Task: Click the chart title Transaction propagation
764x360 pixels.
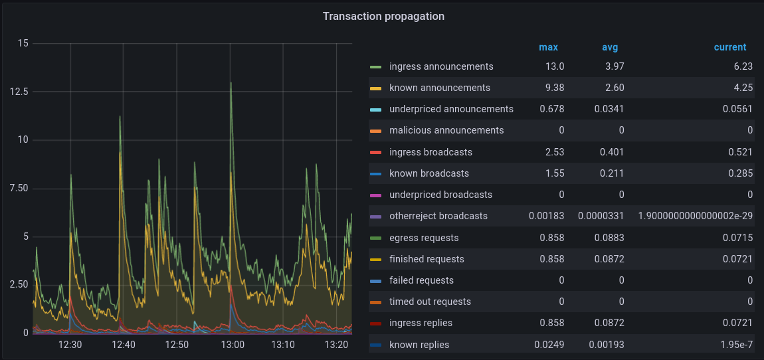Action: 383,16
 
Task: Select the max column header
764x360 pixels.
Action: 548,47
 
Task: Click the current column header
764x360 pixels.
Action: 729,47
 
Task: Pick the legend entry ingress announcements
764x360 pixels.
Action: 441,66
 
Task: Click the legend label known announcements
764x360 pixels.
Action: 439,88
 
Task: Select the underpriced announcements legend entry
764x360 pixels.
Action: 451,109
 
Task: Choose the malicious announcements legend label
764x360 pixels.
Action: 446,130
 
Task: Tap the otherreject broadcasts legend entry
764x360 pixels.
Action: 438,216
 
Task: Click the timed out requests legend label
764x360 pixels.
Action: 430,302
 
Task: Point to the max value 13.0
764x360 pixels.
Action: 555,66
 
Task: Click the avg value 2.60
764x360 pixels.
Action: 615,88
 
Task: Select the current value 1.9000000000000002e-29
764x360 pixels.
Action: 695,216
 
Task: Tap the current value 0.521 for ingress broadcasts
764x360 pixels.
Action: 740,152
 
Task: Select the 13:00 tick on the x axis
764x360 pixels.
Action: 232,345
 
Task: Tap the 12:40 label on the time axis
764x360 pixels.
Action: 124,345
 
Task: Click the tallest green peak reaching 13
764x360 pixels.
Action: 231,82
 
